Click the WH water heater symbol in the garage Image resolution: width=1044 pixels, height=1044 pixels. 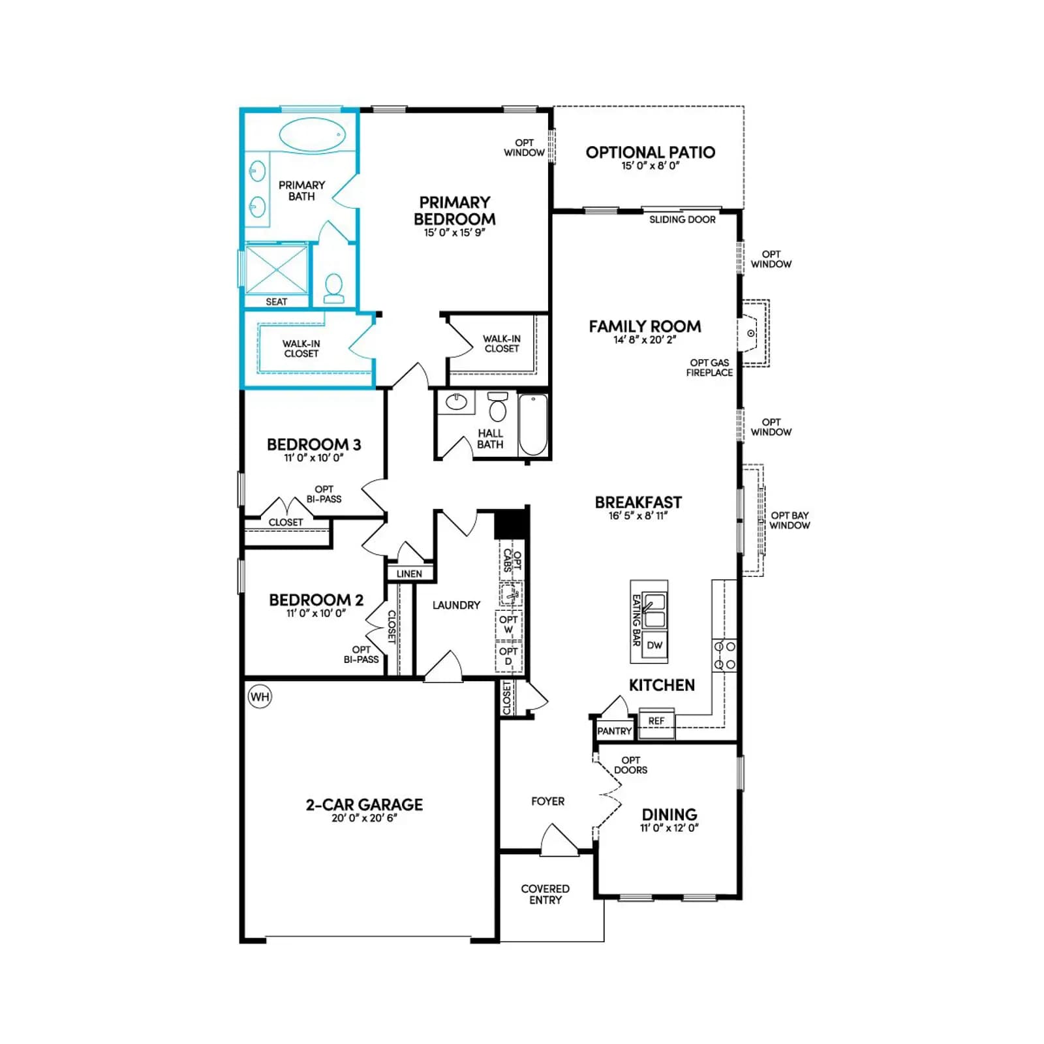[x=260, y=697]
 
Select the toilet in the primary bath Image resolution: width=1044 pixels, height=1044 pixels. [x=333, y=288]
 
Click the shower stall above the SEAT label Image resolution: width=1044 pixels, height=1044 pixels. [x=277, y=269]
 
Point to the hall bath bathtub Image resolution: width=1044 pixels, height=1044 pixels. [x=533, y=424]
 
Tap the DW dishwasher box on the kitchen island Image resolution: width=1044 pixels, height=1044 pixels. [x=654, y=645]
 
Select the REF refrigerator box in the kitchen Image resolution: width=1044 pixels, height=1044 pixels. [x=656, y=722]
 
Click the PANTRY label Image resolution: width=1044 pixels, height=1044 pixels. [x=615, y=731]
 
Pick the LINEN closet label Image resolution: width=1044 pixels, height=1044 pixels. [x=409, y=574]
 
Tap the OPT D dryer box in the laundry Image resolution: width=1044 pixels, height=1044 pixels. [x=509, y=656]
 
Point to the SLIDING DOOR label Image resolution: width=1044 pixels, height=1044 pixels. [x=683, y=220]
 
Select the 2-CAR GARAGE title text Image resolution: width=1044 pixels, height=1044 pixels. [x=364, y=805]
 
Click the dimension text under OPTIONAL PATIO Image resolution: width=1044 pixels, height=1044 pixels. [x=651, y=166]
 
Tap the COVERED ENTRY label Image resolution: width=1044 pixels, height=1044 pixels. [x=545, y=895]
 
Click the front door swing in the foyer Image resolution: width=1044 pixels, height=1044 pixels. [x=559, y=839]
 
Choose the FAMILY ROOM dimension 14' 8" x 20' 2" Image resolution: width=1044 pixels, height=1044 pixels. [x=645, y=340]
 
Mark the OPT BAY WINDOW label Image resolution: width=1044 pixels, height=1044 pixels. [x=790, y=520]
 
